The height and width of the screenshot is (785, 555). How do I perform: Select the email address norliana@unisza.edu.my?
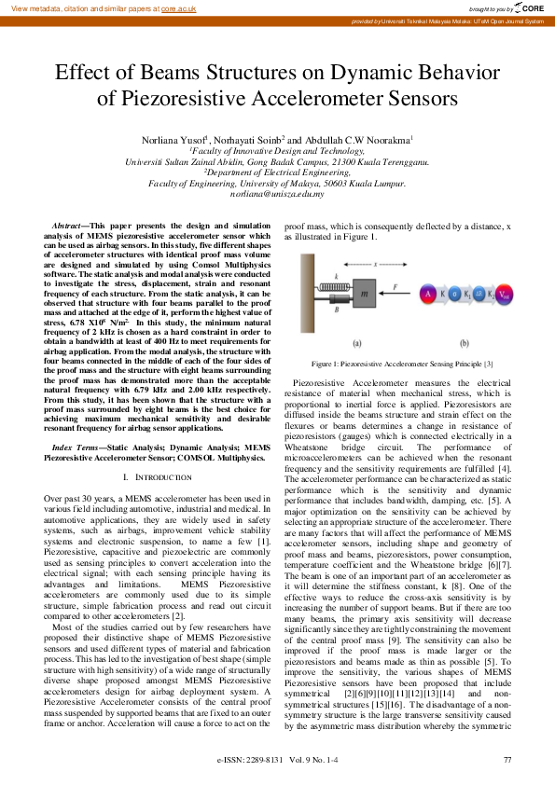coord(277,195)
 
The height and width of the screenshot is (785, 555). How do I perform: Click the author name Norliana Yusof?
coord(173,139)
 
